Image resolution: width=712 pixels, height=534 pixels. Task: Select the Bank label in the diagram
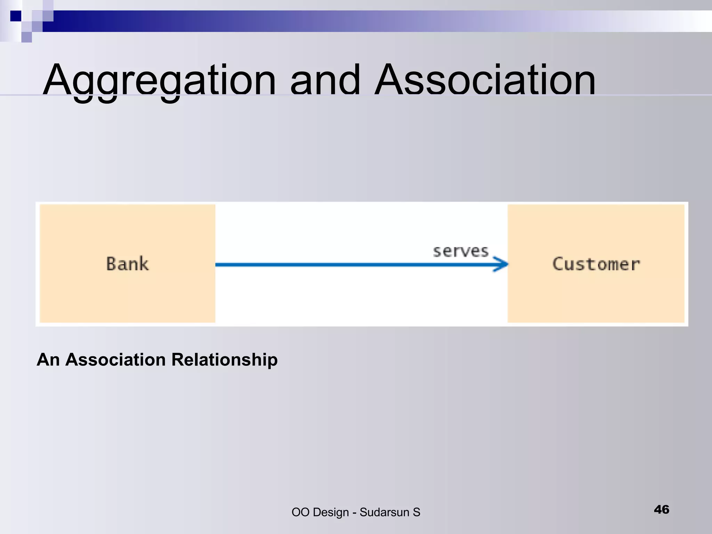tap(128, 264)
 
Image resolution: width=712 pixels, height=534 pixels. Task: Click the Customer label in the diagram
tap(596, 264)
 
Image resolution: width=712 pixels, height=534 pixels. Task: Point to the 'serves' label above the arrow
tap(461, 251)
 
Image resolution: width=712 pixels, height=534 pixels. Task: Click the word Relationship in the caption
tap(225, 359)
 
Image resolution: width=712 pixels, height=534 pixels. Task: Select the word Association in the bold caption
tap(116, 359)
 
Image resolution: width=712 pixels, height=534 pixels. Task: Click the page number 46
tap(661, 510)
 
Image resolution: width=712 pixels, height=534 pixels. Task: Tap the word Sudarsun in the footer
tap(384, 512)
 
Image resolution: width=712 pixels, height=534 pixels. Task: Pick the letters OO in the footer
tap(300, 512)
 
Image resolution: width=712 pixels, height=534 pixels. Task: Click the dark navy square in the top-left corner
tap(16, 16)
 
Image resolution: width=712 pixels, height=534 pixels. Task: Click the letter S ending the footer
tap(416, 512)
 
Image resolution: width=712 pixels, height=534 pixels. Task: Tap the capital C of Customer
tap(558, 264)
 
